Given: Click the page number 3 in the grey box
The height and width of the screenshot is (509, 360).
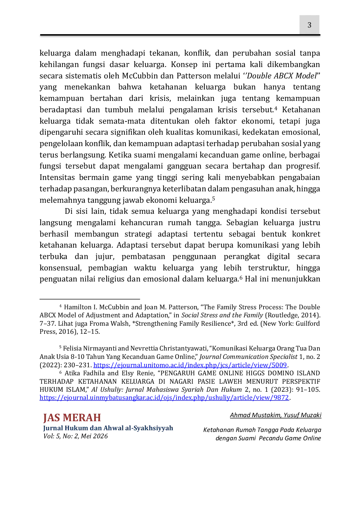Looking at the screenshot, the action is click(309, 25).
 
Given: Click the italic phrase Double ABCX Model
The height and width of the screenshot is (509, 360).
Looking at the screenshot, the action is click(282, 76).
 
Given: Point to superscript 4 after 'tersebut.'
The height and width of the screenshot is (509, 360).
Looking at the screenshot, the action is click(276, 108).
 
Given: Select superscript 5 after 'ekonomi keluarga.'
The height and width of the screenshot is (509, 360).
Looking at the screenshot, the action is click(213, 199).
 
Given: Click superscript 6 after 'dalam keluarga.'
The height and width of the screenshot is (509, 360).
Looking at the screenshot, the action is click(241, 277).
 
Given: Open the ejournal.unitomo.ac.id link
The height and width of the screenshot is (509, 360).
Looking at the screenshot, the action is click(190, 365).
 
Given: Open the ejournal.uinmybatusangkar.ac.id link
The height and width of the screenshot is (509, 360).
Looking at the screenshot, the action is click(164, 398).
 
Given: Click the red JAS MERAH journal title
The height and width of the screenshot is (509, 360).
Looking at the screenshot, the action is click(72, 418).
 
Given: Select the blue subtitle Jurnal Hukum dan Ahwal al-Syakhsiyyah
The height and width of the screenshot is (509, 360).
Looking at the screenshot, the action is click(108, 428).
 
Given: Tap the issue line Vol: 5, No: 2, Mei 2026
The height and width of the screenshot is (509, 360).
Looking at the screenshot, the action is click(75, 436).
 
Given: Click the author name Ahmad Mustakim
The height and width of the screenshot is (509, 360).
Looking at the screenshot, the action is click(255, 415).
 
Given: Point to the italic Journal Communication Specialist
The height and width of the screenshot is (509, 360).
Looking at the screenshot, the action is click(248, 357).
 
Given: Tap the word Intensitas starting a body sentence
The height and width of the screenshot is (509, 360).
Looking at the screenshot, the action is click(57, 177).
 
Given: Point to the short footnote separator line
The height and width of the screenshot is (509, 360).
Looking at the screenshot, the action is click(90, 299).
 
